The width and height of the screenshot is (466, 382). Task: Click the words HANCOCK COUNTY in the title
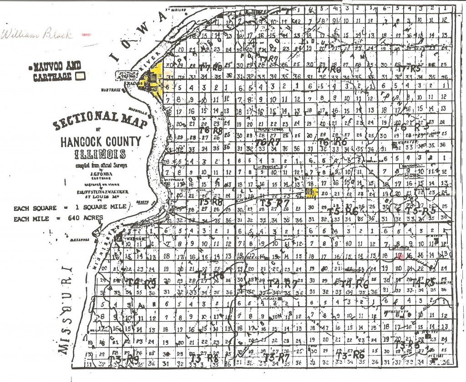[101, 141]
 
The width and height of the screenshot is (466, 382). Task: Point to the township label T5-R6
[343, 211]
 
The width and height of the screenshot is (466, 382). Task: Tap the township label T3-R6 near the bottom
[350, 354]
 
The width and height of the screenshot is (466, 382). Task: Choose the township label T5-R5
[420, 211]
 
